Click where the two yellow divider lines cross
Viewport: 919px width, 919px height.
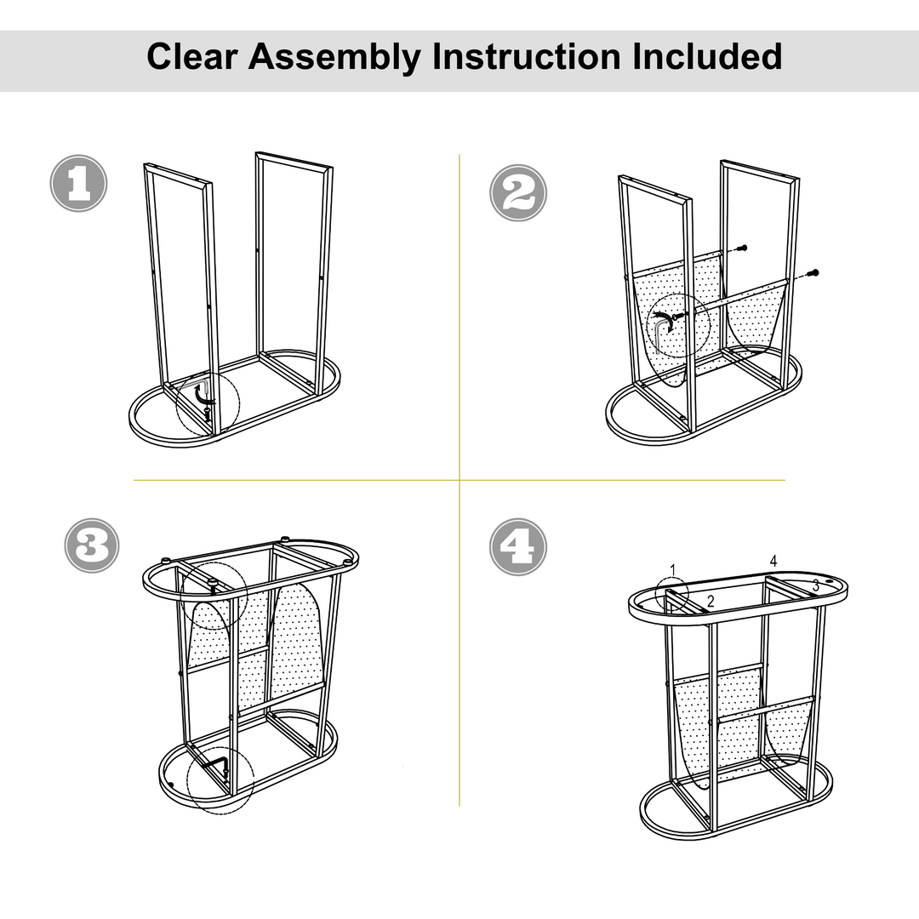(459, 480)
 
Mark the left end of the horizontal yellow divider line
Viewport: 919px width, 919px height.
(134, 480)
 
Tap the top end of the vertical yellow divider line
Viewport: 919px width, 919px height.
(459, 155)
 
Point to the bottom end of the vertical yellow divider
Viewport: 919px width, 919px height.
(459, 805)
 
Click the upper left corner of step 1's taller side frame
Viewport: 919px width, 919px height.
(256, 153)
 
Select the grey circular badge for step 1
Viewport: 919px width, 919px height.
(78, 183)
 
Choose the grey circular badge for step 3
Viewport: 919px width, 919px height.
(92, 545)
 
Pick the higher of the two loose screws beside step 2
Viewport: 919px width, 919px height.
(742, 248)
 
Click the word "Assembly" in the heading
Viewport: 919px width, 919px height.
(334, 58)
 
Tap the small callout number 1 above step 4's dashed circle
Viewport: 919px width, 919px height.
(673, 569)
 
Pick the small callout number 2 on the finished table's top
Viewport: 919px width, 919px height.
(711, 601)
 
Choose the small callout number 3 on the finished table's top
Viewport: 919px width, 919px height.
(815, 585)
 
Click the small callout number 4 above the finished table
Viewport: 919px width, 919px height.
(773, 561)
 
